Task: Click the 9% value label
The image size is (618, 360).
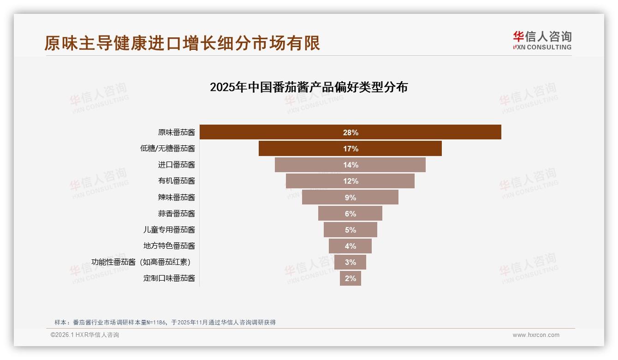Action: pos(351,198)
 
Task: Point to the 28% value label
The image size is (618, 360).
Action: pos(351,132)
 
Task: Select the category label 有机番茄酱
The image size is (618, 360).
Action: pos(176,181)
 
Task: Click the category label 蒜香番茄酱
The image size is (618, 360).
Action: pos(176,214)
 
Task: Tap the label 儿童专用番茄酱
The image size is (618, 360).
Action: pos(169,230)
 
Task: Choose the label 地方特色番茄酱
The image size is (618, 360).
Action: pos(169,246)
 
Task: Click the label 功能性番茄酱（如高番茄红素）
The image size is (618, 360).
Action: pos(141,262)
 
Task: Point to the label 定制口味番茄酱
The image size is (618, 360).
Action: pos(169,278)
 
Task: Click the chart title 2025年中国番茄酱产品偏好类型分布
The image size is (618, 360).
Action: pos(309,87)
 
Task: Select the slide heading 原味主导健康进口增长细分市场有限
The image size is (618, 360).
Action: pos(182,43)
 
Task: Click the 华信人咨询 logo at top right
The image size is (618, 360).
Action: pos(542,40)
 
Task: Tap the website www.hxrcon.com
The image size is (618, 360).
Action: pos(536,335)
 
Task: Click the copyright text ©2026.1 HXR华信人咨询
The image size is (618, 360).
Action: pos(85,335)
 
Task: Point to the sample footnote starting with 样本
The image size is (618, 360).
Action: pos(165,322)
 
